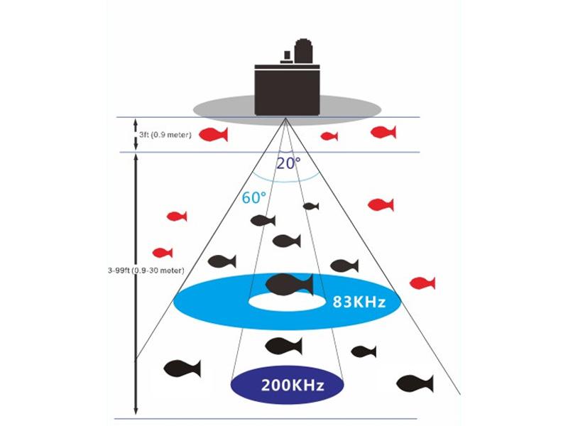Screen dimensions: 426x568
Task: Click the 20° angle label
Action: pos(288,163)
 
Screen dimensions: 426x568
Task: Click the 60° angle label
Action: pos(253,198)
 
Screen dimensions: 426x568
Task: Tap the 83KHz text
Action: pos(359,302)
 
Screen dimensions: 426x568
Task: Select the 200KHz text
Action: pos(293,386)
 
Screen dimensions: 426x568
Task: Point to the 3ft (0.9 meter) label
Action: pos(165,134)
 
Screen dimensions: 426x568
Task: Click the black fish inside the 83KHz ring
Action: pos(288,284)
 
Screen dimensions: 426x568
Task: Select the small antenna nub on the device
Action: pos(285,55)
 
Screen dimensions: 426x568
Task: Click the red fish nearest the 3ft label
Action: pos(213,134)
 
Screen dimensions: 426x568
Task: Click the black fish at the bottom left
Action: pos(181,368)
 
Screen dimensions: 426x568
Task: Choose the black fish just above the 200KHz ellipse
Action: pos(283,346)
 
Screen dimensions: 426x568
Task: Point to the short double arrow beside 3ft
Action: pos(136,134)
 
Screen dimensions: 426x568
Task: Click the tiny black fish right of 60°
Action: pos(310,207)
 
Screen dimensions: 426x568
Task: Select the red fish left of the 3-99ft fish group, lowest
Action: pos(163,252)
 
